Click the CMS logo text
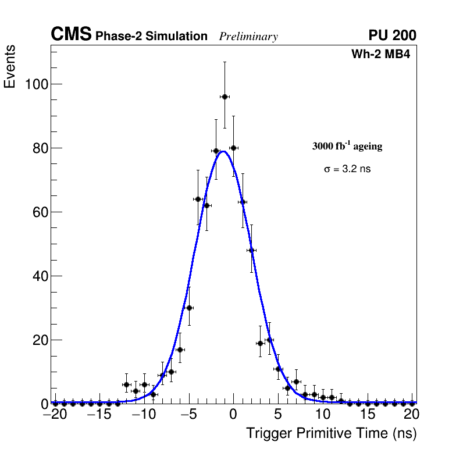point(71,35)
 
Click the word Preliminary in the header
point(248,37)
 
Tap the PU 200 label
point(392,35)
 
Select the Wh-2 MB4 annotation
point(381,55)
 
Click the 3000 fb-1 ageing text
point(347,147)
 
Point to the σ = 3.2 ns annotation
point(347,169)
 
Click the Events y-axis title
point(10,67)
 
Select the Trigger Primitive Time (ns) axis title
point(332,433)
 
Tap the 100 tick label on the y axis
point(36,84)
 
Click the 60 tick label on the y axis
point(40,212)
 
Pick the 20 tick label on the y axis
point(40,340)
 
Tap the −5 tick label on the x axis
point(188,415)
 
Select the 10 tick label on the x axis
point(322,415)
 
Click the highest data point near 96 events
point(225,97)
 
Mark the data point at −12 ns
point(126,384)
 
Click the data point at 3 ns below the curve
point(260,343)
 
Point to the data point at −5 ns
point(189,308)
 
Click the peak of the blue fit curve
point(223,151)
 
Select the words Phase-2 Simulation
point(151,37)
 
